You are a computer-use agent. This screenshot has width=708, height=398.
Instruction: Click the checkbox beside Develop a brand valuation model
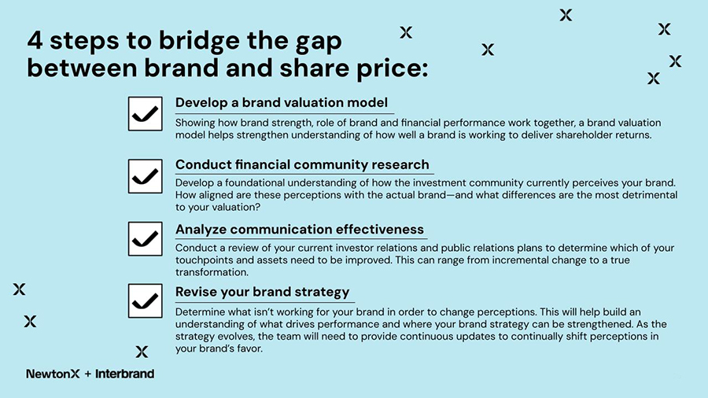pyautogui.click(x=145, y=114)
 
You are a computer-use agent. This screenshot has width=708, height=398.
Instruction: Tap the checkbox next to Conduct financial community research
pyautogui.click(x=145, y=176)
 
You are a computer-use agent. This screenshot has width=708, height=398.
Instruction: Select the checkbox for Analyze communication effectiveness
pyautogui.click(x=145, y=238)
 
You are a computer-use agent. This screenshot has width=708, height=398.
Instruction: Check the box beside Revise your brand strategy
pyautogui.click(x=145, y=301)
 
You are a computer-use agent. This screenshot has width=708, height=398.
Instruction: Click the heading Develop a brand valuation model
pyautogui.click(x=281, y=103)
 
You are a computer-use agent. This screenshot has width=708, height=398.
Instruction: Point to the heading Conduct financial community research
pyautogui.click(x=302, y=164)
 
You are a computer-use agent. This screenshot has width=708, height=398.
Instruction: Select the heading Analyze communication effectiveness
pyautogui.click(x=300, y=230)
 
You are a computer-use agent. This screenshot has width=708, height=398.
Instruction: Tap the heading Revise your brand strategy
pyautogui.click(x=262, y=292)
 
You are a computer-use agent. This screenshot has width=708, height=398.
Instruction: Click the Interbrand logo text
pyautogui.click(x=124, y=374)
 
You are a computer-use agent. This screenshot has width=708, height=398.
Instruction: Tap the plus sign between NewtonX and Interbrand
pyautogui.click(x=87, y=374)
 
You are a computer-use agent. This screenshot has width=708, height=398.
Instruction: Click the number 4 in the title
pyautogui.click(x=35, y=40)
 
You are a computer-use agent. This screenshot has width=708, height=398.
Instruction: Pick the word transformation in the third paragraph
pyautogui.click(x=212, y=273)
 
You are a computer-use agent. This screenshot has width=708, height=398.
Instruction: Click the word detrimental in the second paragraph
pyautogui.click(x=642, y=196)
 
